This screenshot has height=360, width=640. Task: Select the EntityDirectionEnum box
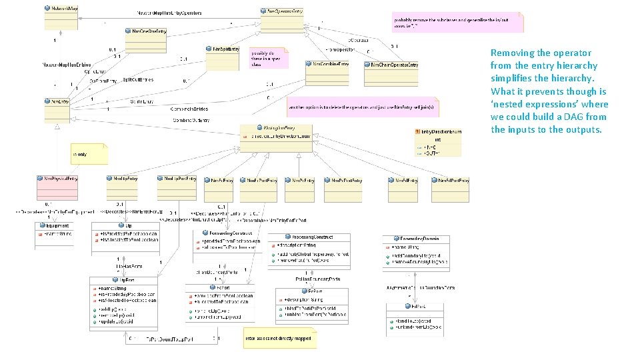click(437, 143)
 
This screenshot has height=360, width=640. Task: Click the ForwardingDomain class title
click(414, 238)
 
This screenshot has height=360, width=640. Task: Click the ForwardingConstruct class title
click(230, 233)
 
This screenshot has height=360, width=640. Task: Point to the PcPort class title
click(313, 291)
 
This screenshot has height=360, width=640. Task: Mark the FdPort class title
click(414, 306)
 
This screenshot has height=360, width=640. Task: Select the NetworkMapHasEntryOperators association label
click(169, 13)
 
